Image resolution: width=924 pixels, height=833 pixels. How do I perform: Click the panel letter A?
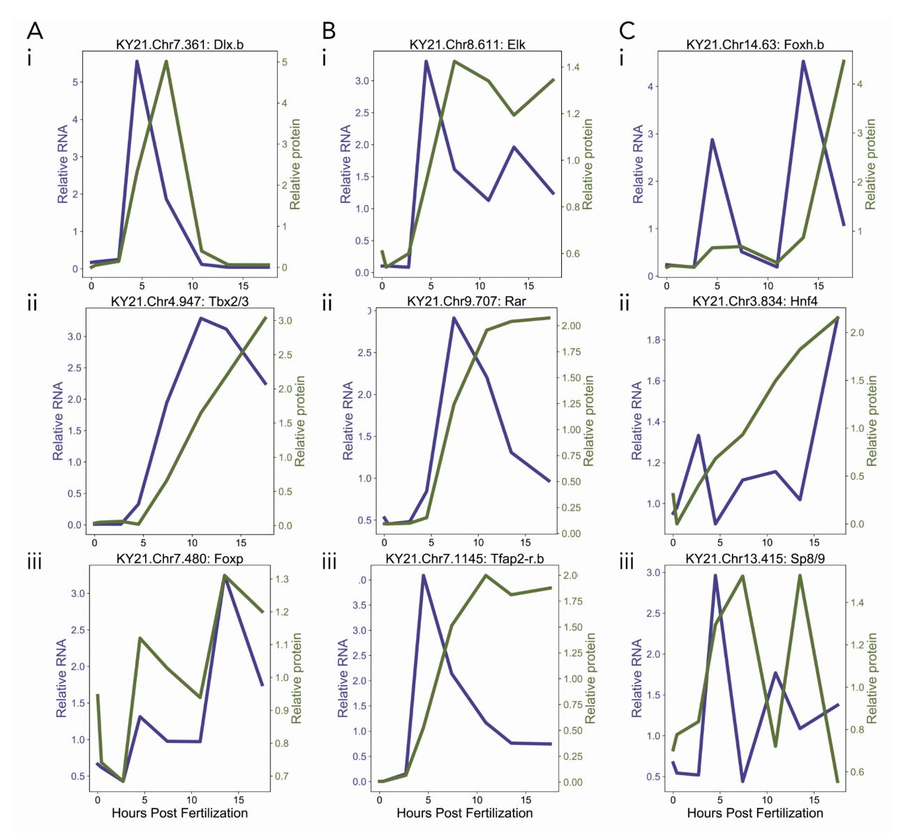point(35,31)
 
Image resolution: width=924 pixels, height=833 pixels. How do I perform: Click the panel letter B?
point(329,31)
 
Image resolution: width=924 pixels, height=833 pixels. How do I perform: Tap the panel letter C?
point(627,31)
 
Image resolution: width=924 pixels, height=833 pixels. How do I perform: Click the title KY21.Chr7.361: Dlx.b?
point(179,45)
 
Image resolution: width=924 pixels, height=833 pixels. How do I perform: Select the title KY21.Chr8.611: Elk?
point(467,45)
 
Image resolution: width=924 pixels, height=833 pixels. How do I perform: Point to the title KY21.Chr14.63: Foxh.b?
point(754,45)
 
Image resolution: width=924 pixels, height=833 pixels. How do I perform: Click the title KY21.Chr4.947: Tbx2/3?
point(179,302)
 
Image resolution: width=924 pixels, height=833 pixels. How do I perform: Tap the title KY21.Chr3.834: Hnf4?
point(755,302)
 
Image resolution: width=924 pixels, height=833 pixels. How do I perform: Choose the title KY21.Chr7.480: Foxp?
point(179,559)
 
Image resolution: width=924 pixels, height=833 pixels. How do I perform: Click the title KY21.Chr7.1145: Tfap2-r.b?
point(464,559)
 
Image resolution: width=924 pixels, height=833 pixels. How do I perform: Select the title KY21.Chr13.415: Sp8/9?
point(754,559)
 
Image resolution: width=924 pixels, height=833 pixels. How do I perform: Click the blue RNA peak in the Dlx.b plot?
point(137,61)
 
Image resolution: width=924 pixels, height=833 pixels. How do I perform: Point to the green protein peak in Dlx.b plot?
point(166,61)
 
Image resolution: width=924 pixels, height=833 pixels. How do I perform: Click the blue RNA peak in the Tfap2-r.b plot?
point(423,576)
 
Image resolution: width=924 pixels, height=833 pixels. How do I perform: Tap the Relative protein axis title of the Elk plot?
point(588,165)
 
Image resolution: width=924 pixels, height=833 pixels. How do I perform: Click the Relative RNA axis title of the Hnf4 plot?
point(637,421)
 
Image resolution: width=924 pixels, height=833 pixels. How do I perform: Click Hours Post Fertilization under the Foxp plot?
point(179,813)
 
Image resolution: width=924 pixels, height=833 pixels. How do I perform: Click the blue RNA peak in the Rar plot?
point(454,318)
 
